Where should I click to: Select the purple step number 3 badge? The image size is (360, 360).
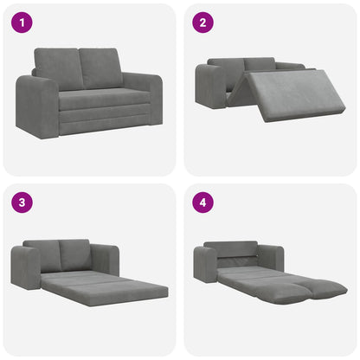click(x=22, y=204)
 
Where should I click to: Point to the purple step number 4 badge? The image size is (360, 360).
click(x=202, y=204)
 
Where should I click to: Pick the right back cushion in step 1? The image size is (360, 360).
click(x=103, y=67)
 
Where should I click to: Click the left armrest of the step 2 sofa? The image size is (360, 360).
click(x=210, y=87)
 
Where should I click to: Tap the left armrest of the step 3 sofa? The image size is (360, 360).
click(x=25, y=268)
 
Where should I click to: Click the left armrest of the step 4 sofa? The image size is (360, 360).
click(x=205, y=263)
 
